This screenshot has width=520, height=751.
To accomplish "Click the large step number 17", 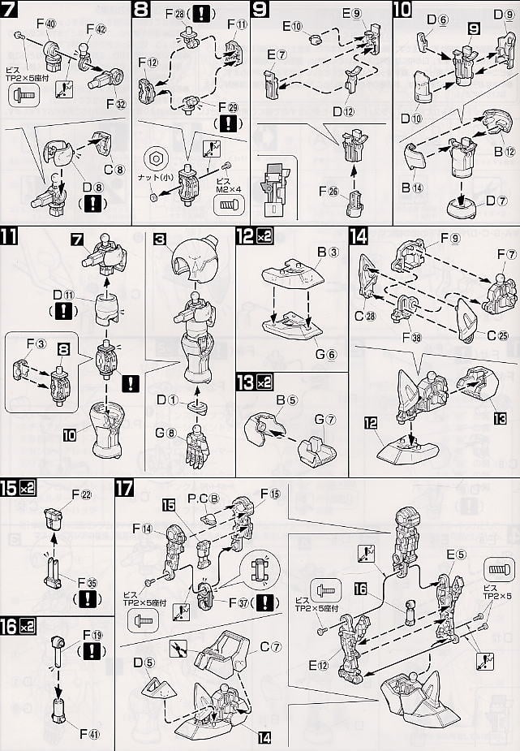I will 124,490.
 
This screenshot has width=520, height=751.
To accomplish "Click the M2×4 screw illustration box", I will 228,204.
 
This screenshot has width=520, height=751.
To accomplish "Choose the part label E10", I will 292,28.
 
